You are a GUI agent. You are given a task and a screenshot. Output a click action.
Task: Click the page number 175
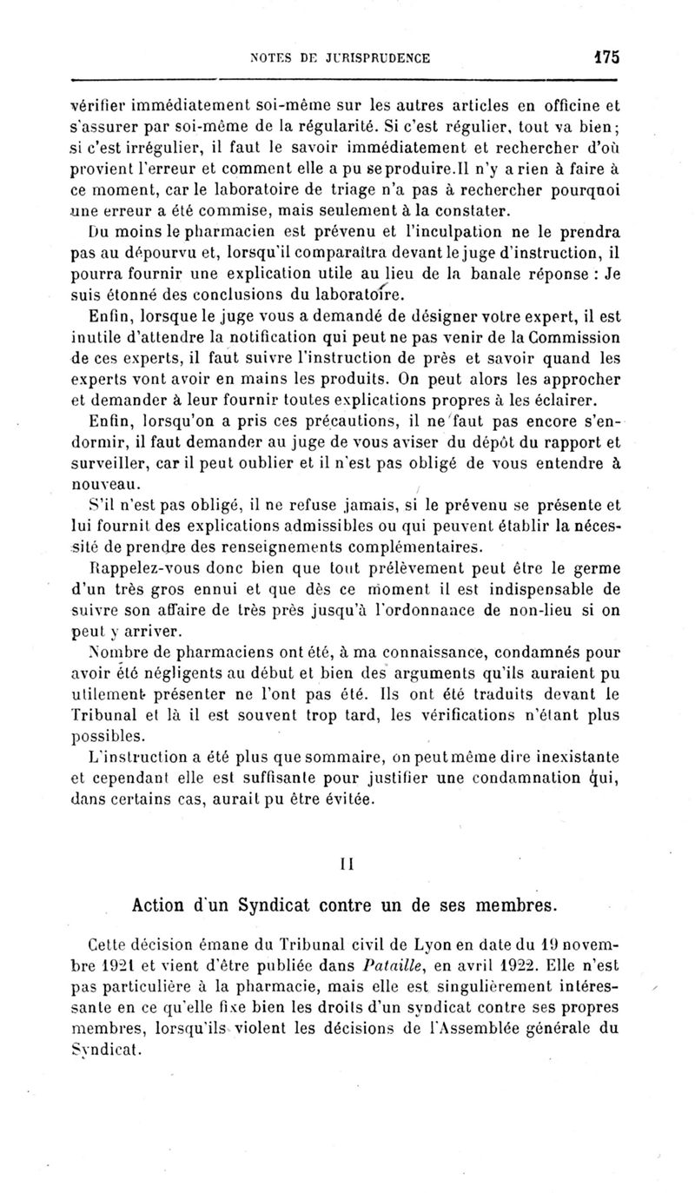605,57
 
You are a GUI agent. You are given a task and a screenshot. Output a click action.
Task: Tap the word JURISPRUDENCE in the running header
376,58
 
